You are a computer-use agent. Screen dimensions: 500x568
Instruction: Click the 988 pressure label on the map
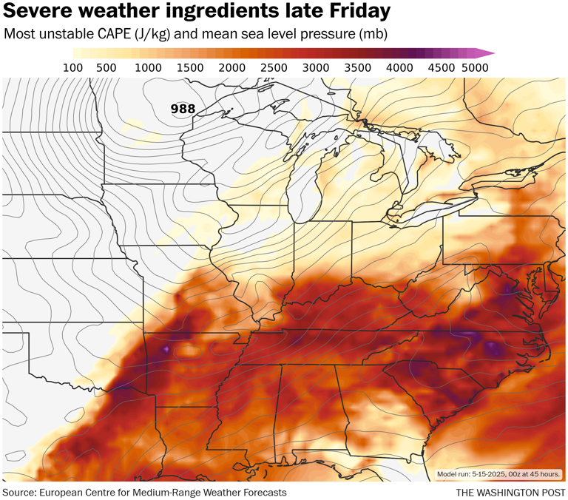(183, 109)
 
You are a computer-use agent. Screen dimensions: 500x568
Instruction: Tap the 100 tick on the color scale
(72, 68)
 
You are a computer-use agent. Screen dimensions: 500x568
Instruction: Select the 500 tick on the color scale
(106, 68)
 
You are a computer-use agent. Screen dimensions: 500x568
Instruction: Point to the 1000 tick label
(148, 68)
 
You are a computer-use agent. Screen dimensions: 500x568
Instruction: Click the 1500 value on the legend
(190, 68)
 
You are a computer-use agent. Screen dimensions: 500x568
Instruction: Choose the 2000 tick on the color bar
(232, 68)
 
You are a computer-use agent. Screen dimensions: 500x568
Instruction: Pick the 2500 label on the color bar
(274, 68)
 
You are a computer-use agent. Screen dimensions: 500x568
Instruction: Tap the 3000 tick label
(316, 68)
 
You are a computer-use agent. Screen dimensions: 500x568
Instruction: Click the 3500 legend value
(358, 68)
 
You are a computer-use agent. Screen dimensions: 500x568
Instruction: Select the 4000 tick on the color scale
(400, 68)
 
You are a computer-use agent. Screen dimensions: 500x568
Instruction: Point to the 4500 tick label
(442, 68)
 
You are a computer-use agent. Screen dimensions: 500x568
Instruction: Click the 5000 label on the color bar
(473, 68)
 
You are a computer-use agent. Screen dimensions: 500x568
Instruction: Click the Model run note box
(498, 474)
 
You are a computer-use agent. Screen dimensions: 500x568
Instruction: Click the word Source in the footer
(21, 493)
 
